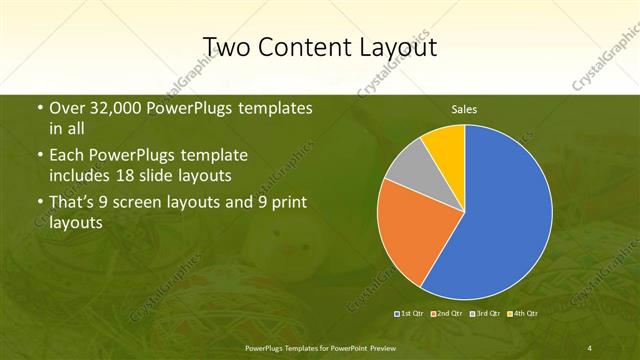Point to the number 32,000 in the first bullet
[120, 108]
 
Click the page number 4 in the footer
[590, 347]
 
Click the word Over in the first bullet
[66, 108]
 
